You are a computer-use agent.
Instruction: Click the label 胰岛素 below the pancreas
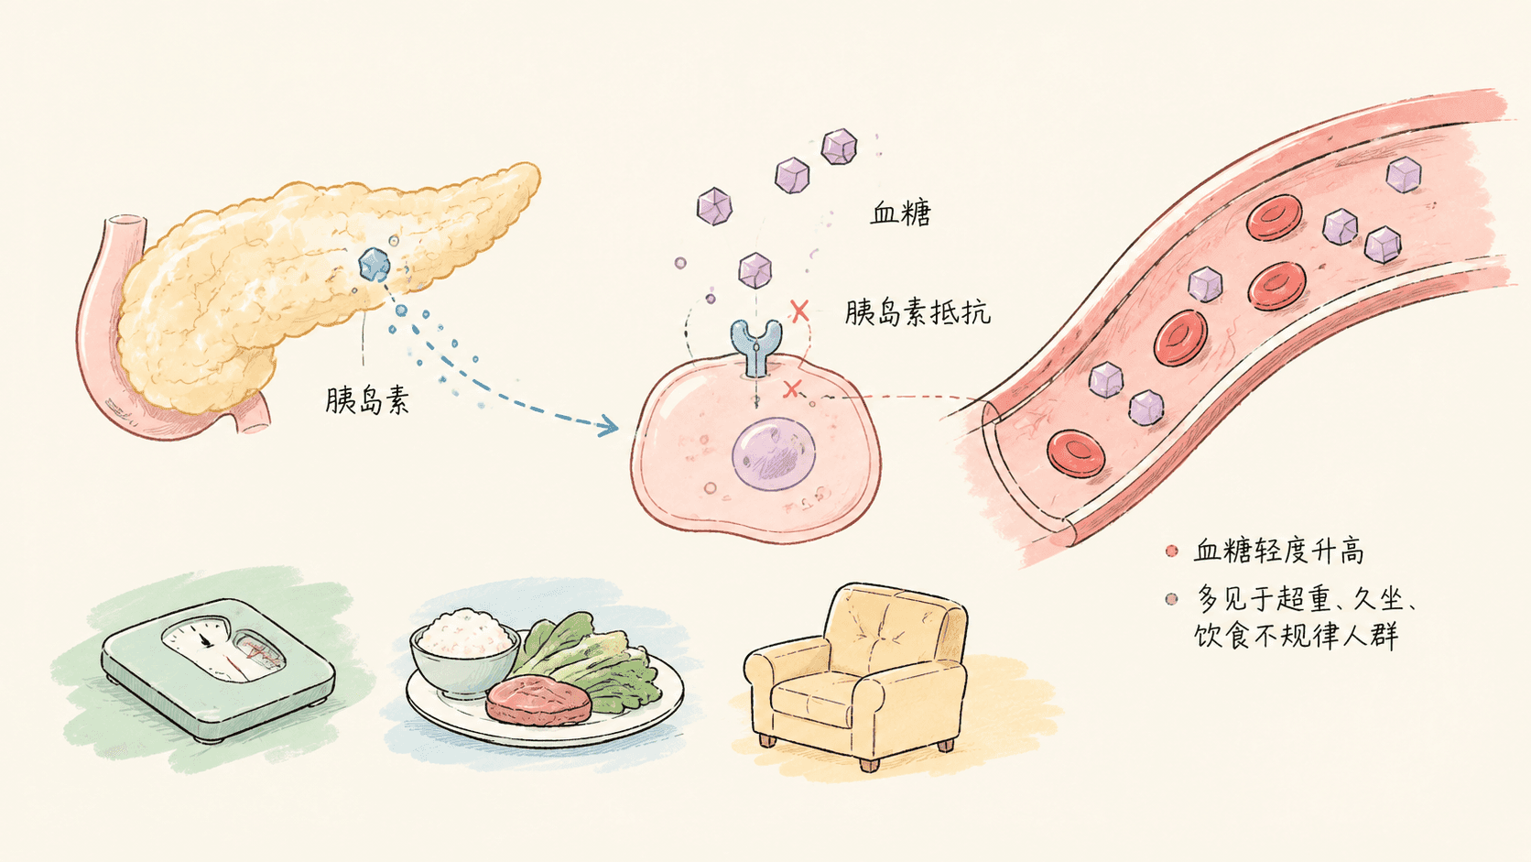pyautogui.click(x=367, y=400)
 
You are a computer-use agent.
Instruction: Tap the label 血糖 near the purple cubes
pyautogui.click(x=901, y=213)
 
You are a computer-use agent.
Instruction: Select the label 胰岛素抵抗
pyautogui.click(x=918, y=312)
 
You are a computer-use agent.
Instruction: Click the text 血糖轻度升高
pyautogui.click(x=1278, y=551)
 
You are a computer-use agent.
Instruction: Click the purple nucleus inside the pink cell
pyautogui.click(x=774, y=453)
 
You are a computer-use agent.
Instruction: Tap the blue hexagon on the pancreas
pyautogui.click(x=375, y=265)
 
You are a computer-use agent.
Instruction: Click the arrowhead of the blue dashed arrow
pyautogui.click(x=607, y=427)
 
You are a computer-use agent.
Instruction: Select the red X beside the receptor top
pyautogui.click(x=799, y=311)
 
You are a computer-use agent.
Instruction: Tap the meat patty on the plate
pyautogui.click(x=538, y=700)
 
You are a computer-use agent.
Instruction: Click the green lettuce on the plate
pyautogui.click(x=588, y=660)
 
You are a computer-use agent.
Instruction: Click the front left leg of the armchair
pyautogui.click(x=767, y=740)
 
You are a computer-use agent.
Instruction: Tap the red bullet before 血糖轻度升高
pyautogui.click(x=1171, y=551)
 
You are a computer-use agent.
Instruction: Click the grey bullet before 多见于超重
pyautogui.click(x=1171, y=599)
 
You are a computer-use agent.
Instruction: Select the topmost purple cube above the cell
pyautogui.click(x=839, y=147)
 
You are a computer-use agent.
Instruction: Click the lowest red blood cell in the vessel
pyautogui.click(x=1076, y=453)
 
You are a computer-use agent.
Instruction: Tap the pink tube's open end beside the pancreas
pyautogui.click(x=125, y=223)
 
